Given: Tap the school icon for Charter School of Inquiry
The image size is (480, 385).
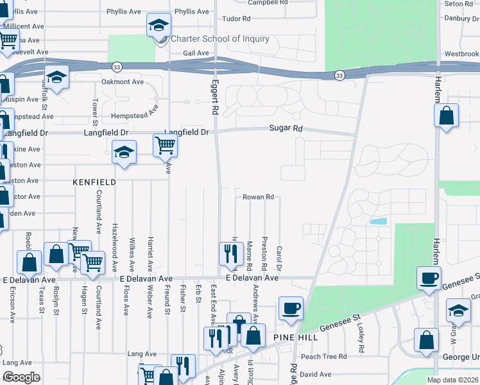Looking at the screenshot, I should click(x=159, y=26).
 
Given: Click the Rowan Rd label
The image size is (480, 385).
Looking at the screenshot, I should click(x=259, y=197).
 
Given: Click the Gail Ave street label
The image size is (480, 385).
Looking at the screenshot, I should click(x=196, y=53).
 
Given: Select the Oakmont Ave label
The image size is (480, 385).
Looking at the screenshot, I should click(x=123, y=82).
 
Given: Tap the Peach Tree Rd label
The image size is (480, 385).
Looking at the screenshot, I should click(x=323, y=356).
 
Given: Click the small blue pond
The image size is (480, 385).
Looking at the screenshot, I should click(x=378, y=221).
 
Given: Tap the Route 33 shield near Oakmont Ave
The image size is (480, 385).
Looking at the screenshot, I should click(x=116, y=66).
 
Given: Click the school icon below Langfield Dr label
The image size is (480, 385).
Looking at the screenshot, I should click(x=124, y=153).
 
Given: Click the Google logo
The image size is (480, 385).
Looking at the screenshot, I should click(x=21, y=378).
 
